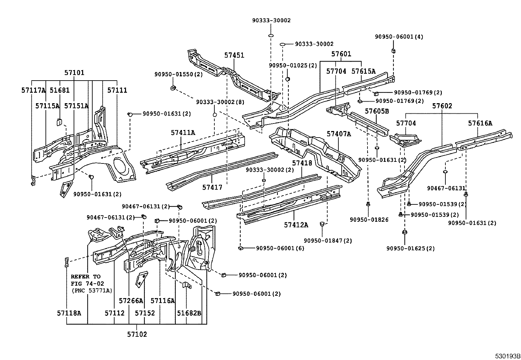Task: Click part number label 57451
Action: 234,55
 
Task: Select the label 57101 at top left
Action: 74,73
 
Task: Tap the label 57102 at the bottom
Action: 137,334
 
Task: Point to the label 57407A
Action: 339,134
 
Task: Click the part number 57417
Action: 212,187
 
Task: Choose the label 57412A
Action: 296,225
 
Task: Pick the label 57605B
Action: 377,111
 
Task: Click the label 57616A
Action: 480,123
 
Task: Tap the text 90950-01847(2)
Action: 328,241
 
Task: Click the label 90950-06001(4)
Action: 399,37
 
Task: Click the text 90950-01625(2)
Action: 410,248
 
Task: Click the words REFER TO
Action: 86,276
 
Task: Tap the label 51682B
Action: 189,313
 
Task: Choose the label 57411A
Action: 183,133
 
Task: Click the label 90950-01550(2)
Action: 179,75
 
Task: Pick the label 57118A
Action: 69,313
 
